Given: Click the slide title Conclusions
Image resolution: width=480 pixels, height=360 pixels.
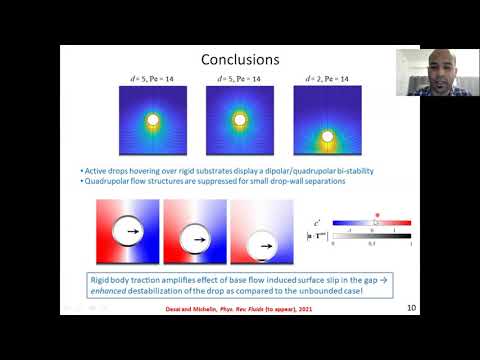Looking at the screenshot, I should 239,60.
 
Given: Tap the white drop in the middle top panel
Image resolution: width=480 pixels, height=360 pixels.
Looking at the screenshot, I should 239,122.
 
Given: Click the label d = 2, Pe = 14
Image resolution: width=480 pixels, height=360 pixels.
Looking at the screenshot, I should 326,79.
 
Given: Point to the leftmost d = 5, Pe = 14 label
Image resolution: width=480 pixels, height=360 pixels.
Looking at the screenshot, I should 153,79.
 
